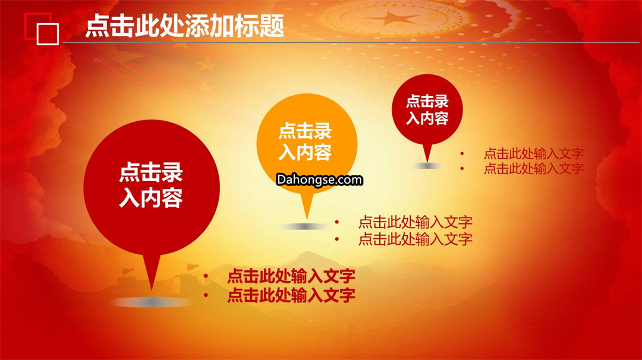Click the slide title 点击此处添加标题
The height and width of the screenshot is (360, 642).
185,26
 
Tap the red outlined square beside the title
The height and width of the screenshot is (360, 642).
26,26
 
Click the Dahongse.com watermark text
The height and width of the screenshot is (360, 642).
319,179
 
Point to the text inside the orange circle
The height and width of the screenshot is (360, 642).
305,142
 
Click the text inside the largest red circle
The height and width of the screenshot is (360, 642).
151,185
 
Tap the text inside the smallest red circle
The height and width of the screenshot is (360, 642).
427,109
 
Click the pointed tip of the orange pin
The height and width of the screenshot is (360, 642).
307,219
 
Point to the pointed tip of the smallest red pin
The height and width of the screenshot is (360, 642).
427,162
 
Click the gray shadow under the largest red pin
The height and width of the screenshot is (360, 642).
152,302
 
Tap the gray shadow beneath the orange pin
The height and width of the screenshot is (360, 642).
305,227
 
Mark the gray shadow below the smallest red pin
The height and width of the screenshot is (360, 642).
427,166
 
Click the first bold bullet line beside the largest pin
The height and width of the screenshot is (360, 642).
291,276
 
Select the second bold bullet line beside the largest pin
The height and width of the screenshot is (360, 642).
291,295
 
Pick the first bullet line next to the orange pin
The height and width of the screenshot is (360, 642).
415,222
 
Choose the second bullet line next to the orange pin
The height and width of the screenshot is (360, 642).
415,239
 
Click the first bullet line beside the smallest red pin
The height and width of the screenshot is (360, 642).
533,154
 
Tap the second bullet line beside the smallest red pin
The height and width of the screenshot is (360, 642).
533,169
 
